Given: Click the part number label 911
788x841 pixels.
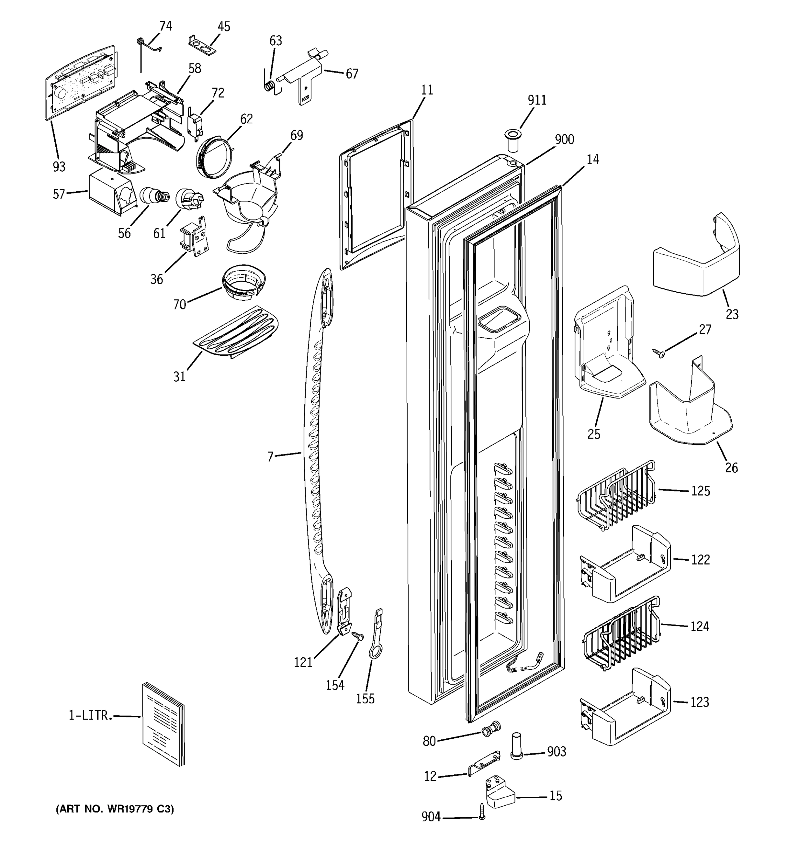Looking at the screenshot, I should [537, 100].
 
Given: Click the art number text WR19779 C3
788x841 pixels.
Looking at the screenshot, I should [115, 809].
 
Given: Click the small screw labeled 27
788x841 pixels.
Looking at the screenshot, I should [659, 353].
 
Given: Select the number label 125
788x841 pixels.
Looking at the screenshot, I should [700, 491].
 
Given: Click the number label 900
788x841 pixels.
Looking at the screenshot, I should [564, 139].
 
